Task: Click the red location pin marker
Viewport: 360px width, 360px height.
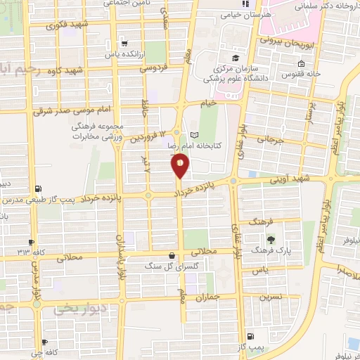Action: (180, 166)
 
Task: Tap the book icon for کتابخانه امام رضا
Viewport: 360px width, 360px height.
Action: (195, 135)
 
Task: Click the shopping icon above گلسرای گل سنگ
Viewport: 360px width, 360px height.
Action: (172, 255)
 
